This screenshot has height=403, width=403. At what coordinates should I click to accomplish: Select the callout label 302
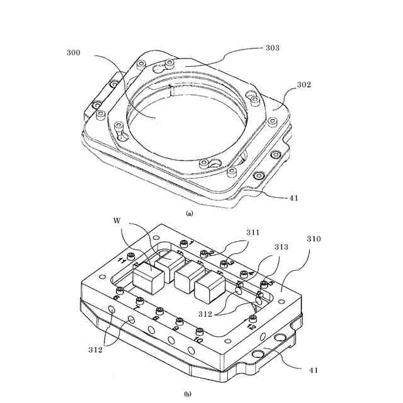point(304,84)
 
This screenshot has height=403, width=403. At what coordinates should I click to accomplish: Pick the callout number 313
point(281,247)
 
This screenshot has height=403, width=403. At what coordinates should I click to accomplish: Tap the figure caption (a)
point(190,214)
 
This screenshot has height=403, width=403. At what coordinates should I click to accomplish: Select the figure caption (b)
point(187,395)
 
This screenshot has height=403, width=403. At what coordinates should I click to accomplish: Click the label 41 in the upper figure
point(293,198)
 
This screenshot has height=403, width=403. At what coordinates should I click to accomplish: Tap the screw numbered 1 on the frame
point(183,244)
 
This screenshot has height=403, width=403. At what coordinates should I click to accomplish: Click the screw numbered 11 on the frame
point(131,254)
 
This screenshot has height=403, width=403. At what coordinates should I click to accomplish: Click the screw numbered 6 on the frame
point(118,290)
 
